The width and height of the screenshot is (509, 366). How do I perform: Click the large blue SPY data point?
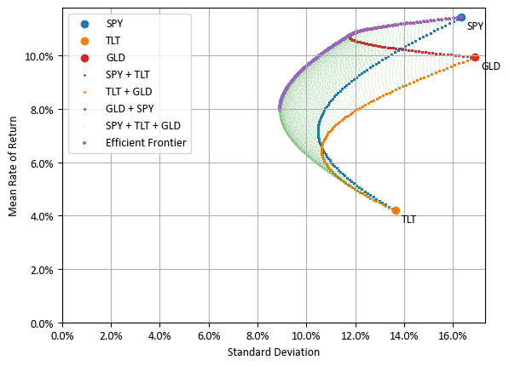coord(461,17)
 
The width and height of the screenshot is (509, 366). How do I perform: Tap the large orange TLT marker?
coord(396,210)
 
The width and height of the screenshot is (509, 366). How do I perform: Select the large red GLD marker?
coord(475,58)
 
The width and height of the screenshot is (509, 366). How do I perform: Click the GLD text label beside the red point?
coord(490,66)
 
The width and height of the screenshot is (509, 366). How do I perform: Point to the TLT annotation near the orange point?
coord(408,220)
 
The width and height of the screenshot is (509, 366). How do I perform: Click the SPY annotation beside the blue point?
coord(475,26)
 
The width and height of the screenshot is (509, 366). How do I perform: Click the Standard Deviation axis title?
coord(274,352)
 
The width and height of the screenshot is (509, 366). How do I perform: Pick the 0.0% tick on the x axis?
coord(62,336)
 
